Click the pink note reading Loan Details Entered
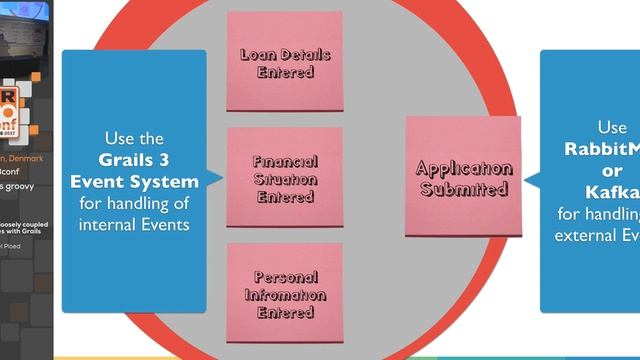[284, 62]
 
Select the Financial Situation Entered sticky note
[284, 178]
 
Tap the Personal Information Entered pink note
[284, 294]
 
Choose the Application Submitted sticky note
[463, 177]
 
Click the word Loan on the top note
[257, 54]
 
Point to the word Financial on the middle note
[285, 161]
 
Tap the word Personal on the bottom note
[285, 277]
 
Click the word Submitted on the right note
[463, 188]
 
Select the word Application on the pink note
[463, 168]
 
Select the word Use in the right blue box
[612, 128]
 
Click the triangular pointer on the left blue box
[214, 181]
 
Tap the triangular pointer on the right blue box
[533, 181]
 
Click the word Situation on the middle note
[285, 179]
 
